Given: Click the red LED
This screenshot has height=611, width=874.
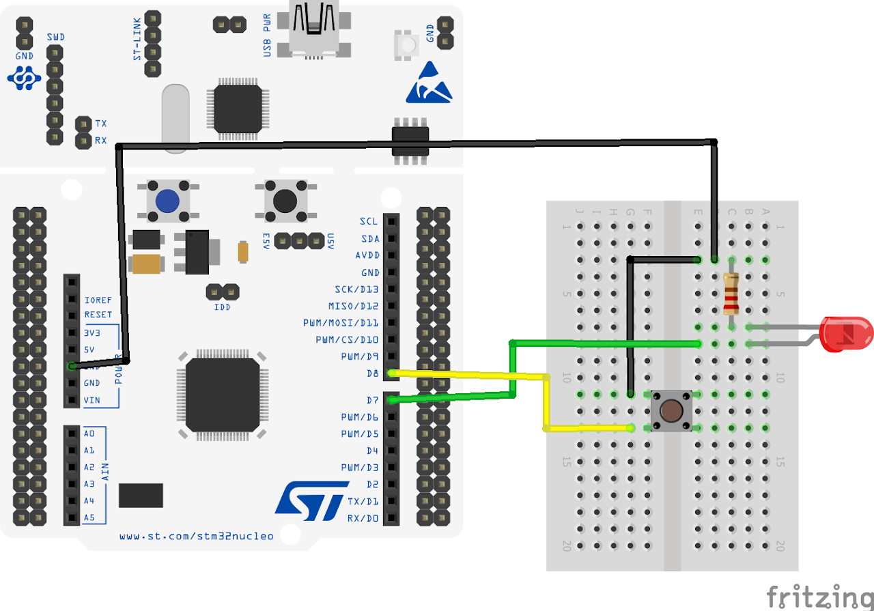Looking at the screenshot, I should click(846, 334).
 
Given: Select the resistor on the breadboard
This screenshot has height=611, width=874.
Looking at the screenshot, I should click(731, 293).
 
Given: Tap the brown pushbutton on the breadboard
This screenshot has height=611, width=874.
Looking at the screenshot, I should click(671, 411).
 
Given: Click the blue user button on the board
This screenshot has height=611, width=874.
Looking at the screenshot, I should click(167, 201).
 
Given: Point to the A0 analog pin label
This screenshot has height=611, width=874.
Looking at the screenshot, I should click(89, 434).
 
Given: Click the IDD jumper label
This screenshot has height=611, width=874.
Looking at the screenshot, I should click(222, 307).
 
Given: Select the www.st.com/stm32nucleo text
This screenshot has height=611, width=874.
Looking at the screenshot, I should click(197, 536).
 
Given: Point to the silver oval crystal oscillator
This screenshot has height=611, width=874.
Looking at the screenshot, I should click(175, 116).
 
